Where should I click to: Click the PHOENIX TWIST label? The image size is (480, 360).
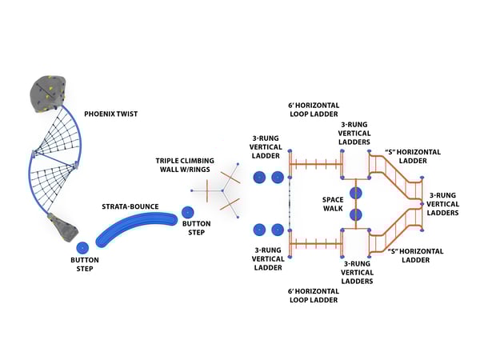click(x=110, y=114)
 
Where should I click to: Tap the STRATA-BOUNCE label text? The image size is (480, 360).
click(x=129, y=206)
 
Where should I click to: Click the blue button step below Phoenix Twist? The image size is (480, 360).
click(x=82, y=248)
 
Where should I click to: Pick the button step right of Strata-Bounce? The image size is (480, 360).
click(x=187, y=213)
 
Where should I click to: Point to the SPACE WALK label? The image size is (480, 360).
click(x=332, y=203)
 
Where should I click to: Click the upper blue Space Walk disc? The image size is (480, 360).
click(x=356, y=193)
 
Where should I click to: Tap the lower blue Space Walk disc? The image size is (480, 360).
click(x=356, y=214)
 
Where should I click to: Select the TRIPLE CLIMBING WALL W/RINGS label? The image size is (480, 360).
click(x=186, y=165)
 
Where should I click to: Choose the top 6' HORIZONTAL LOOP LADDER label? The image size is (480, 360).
click(x=313, y=110)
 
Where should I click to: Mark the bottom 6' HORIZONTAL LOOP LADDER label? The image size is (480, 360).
click(x=313, y=295)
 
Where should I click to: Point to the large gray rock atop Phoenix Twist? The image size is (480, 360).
click(x=50, y=94)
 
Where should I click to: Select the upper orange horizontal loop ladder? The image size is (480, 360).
click(x=315, y=166)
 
